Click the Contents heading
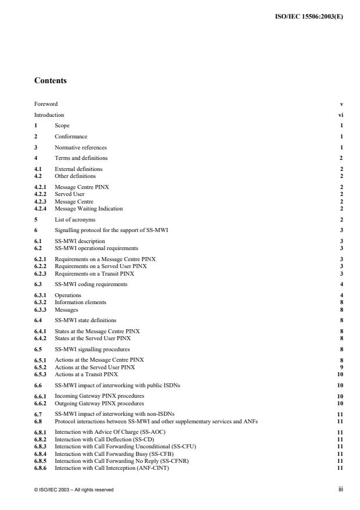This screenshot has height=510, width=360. click(x=50, y=81)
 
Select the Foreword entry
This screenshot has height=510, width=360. click(x=46, y=104)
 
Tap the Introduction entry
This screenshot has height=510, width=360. click(x=49, y=115)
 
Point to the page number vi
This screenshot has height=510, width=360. click(x=340, y=115)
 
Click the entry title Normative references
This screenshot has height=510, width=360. click(x=81, y=147)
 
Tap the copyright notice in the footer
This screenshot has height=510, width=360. click(x=74, y=490)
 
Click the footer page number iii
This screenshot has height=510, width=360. click(x=341, y=490)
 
